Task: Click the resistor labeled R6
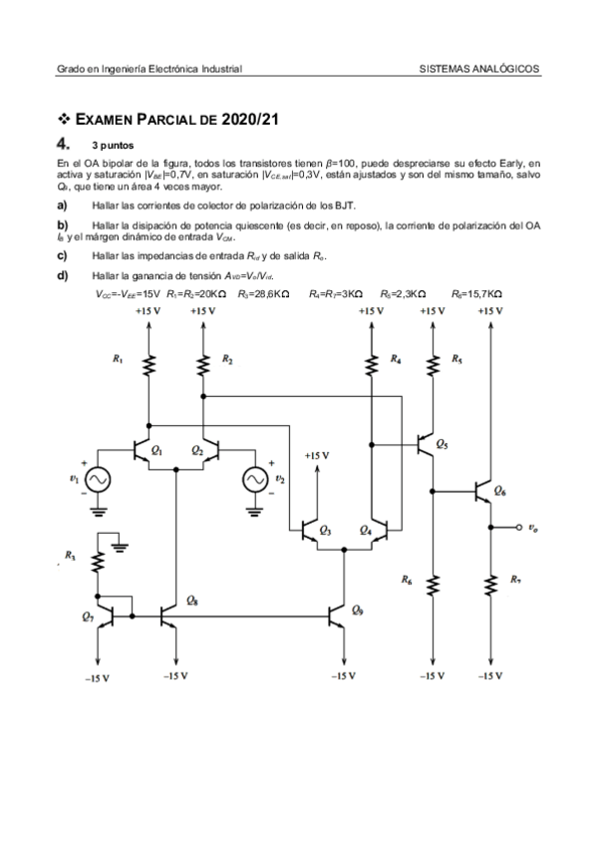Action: pyautogui.click(x=433, y=583)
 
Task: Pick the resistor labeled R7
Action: pyautogui.click(x=489, y=583)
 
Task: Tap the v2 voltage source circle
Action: pyautogui.click(x=255, y=481)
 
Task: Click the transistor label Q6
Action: pyautogui.click(x=500, y=492)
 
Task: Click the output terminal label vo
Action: pyautogui.click(x=535, y=527)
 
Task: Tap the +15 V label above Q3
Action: pyautogui.click(x=317, y=455)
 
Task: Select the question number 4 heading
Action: pyautogui.click(x=65, y=144)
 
